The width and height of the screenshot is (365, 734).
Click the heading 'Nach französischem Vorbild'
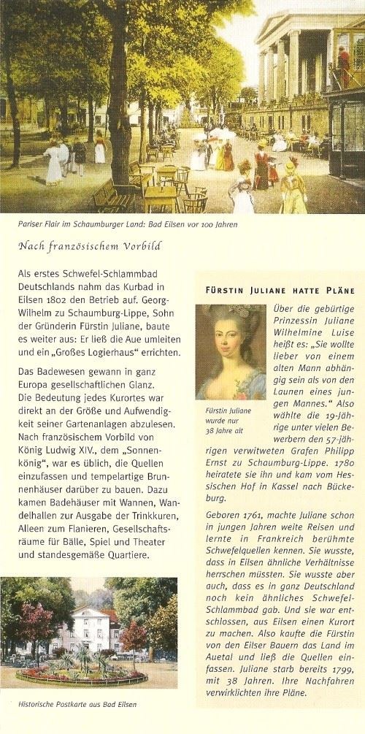click(x=90, y=245)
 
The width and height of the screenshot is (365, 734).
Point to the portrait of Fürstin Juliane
click(x=230, y=351)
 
